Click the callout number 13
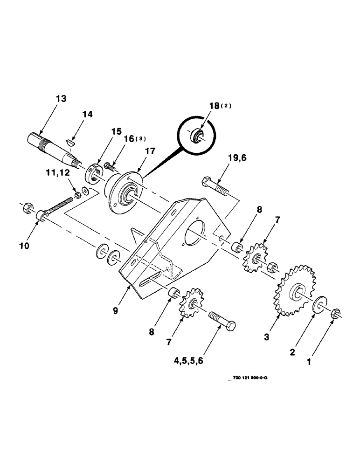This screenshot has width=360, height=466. [61, 99]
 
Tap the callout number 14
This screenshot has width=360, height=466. [88, 114]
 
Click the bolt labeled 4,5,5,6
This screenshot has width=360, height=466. [222, 321]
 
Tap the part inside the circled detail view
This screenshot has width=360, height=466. [197, 136]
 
